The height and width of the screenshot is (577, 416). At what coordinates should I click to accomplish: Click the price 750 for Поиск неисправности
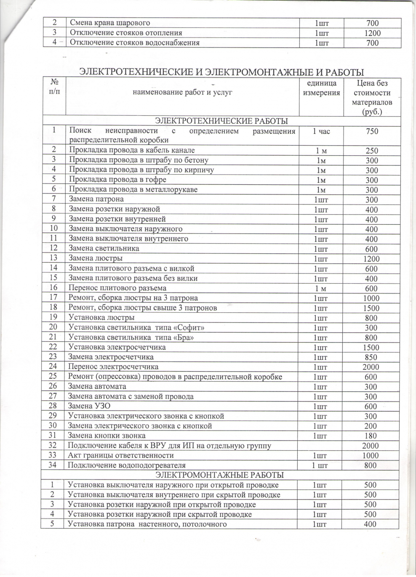(372, 131)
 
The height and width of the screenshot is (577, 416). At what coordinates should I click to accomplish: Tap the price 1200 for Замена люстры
(372, 259)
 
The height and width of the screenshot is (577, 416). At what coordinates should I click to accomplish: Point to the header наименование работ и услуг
(182, 92)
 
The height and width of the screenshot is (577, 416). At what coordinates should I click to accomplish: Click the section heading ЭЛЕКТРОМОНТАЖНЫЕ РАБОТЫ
(220, 475)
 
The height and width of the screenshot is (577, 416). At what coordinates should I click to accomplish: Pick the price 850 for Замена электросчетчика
(371, 357)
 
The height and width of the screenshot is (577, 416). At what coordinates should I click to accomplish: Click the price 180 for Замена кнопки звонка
(371, 436)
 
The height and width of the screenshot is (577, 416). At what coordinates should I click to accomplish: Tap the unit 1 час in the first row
(321, 131)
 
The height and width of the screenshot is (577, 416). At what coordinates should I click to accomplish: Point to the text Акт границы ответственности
(120, 455)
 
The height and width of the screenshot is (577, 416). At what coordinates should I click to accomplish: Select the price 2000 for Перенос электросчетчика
(371, 367)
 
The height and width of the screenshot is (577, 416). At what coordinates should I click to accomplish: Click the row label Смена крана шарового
(109, 23)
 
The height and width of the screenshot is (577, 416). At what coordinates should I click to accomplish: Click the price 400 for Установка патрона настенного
(371, 524)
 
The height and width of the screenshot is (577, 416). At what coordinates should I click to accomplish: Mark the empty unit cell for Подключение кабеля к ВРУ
(321, 446)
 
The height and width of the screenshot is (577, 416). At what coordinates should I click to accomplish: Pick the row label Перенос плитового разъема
(117, 288)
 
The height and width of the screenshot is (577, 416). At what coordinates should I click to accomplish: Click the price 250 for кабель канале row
(372, 151)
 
